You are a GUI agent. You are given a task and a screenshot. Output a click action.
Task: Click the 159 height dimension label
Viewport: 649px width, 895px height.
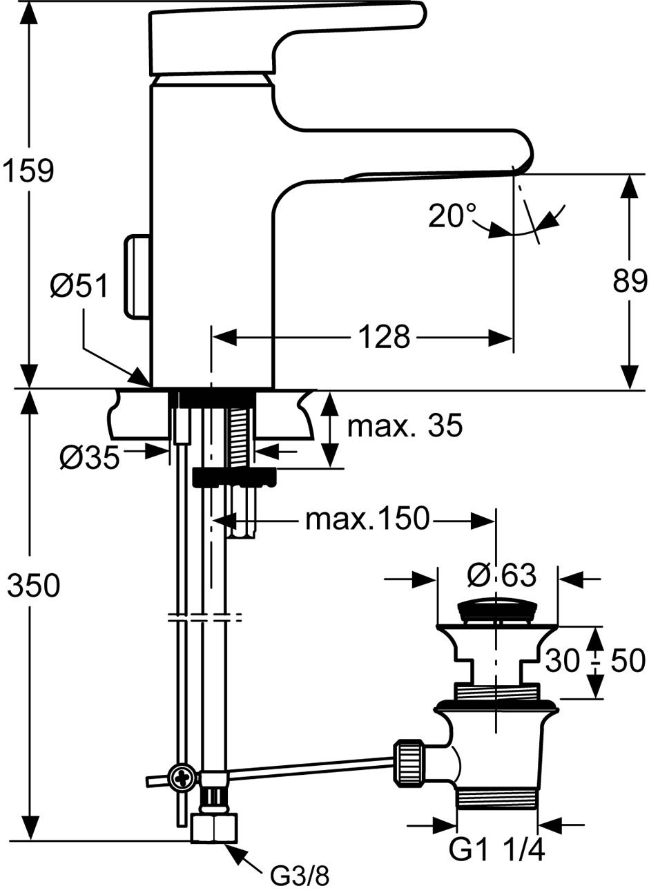click(28, 171)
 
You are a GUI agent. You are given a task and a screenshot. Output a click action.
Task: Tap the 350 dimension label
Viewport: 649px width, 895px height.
click(34, 585)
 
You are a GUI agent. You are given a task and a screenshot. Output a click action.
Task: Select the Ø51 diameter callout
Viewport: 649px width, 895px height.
click(79, 287)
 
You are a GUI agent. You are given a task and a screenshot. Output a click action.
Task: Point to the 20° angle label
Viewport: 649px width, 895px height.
click(452, 216)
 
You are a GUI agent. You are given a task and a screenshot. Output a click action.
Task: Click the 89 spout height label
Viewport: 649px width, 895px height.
click(630, 281)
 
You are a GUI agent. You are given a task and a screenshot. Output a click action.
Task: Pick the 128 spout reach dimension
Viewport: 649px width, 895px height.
click(384, 336)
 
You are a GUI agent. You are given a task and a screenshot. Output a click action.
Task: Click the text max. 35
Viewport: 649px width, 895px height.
click(405, 425)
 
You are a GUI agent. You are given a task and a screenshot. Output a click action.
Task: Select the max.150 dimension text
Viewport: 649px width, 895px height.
click(367, 519)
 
